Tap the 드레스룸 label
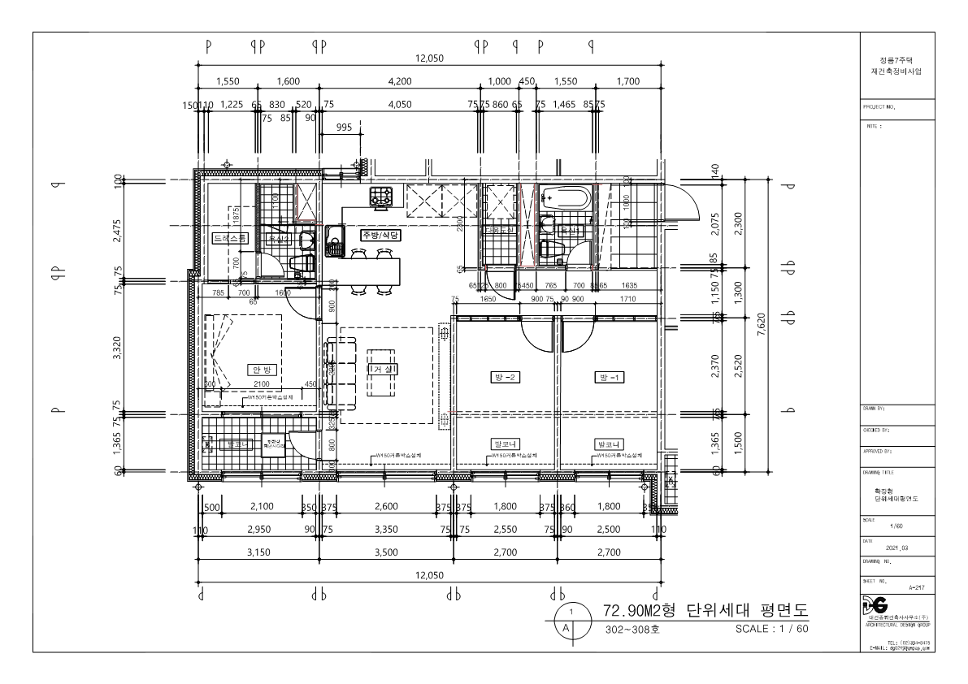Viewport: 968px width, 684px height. click(x=228, y=239)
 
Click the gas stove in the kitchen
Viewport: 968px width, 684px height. click(x=381, y=195)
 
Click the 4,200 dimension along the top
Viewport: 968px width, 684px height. click(x=402, y=81)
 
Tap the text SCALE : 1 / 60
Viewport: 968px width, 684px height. click(x=770, y=629)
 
